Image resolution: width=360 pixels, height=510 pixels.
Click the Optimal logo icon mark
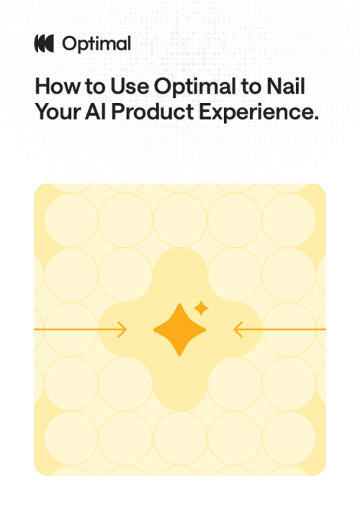(45, 44)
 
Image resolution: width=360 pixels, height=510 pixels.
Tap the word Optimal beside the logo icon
(96, 45)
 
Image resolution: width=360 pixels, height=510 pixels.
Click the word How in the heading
(52, 87)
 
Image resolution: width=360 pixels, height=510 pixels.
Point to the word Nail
(285, 87)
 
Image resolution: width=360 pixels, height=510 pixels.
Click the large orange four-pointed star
(179, 330)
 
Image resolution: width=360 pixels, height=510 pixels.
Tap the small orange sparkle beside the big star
(202, 309)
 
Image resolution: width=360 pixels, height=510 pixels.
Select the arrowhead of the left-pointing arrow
(236, 330)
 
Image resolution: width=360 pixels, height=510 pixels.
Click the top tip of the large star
(179, 305)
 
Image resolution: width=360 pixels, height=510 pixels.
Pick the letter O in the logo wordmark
(71, 44)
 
